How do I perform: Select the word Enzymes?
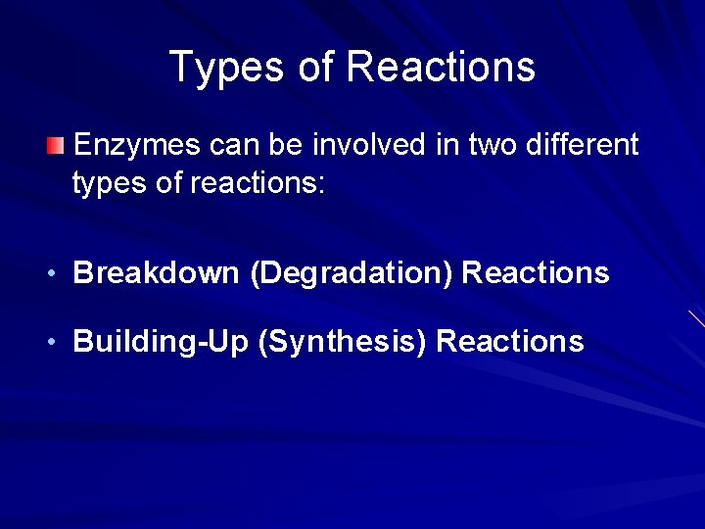point(136,146)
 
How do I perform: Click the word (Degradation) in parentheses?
point(352,273)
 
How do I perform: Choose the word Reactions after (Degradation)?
point(535,273)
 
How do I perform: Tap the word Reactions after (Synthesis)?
point(510,342)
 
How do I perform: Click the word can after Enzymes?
point(231,146)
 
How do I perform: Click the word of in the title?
point(310,68)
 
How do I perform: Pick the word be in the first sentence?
point(283,146)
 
